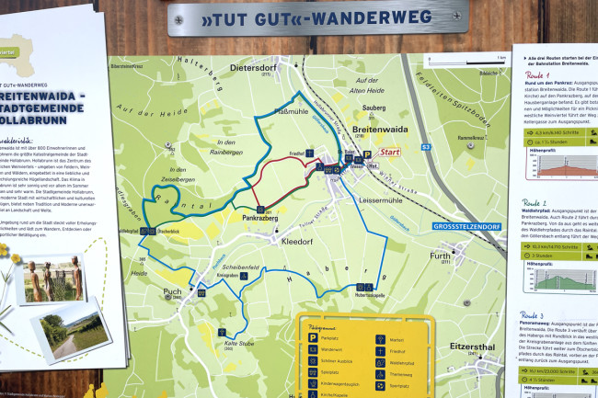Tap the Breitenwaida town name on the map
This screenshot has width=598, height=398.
click(379, 131)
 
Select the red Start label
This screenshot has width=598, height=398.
click(391, 154)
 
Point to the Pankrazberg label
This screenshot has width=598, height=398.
click(261, 220)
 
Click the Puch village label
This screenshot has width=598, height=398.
click(172, 292)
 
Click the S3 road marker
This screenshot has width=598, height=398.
click(426, 147)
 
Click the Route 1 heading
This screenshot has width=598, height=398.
click(537, 76)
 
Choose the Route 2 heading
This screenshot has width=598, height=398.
click(537, 202)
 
